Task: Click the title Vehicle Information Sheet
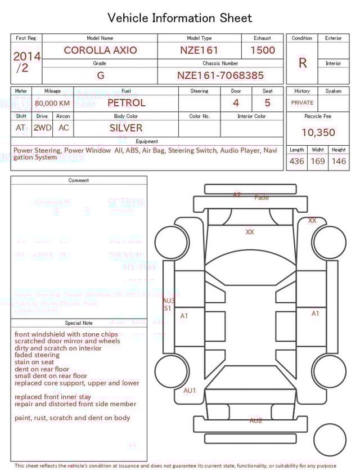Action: pyautogui.click(x=180, y=18)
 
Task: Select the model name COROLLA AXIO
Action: pyautogui.click(x=100, y=50)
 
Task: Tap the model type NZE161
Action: pyautogui.click(x=199, y=50)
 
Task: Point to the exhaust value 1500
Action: pyautogui.click(x=263, y=50)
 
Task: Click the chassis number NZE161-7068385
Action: pyautogui.click(x=220, y=75)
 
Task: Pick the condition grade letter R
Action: pyautogui.click(x=303, y=63)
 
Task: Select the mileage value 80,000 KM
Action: pyautogui.click(x=52, y=104)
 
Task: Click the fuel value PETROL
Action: pyautogui.click(x=127, y=103)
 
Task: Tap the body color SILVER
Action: pyautogui.click(x=126, y=128)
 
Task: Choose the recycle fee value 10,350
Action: pyautogui.click(x=318, y=133)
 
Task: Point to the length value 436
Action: pyautogui.click(x=296, y=162)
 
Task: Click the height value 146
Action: pyautogui.click(x=339, y=162)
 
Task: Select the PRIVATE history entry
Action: pyautogui.click(x=302, y=103)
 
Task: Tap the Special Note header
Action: pyautogui.click(x=79, y=323)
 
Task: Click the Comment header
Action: pyautogui.click(x=79, y=181)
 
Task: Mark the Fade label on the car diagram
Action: pyautogui.click(x=262, y=198)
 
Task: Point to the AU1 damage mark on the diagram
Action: pyautogui.click(x=190, y=391)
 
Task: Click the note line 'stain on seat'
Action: pyautogui.click(x=35, y=362)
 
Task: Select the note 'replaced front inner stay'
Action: pyautogui.click(x=53, y=397)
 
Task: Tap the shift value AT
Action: pyautogui.click(x=21, y=128)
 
